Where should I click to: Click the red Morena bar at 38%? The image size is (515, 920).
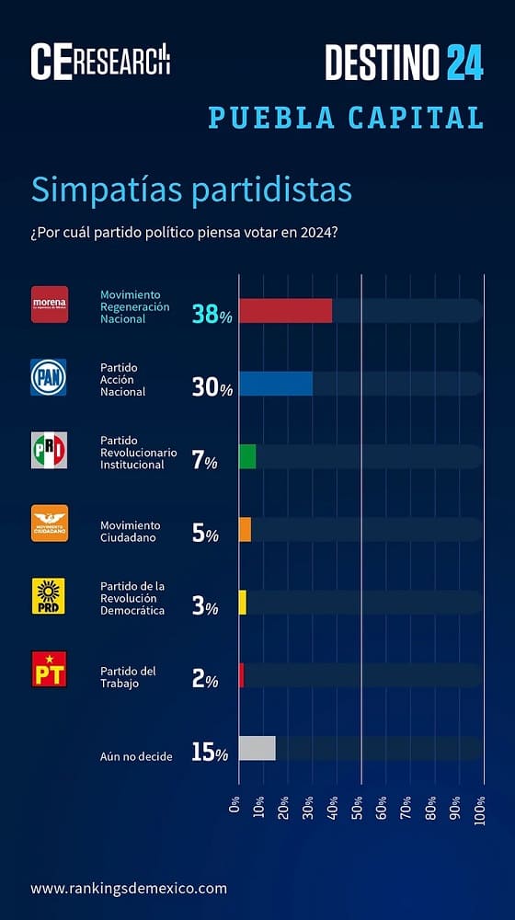click(x=285, y=311)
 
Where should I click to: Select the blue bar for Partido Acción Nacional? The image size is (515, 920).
click(x=275, y=384)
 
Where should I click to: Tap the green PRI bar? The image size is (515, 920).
click(x=247, y=456)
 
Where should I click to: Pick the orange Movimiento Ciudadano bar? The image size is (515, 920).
click(x=245, y=529)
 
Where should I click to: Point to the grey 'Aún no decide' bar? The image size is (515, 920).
click(x=257, y=748)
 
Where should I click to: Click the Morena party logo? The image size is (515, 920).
click(x=50, y=304)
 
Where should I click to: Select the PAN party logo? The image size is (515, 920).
click(x=49, y=377)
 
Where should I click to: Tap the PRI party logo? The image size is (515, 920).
click(x=49, y=450)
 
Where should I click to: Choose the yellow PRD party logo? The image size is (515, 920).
click(x=49, y=596)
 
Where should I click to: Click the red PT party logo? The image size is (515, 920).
click(x=49, y=669)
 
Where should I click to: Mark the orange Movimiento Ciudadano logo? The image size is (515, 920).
click(x=49, y=523)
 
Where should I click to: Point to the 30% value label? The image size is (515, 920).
click(x=212, y=388)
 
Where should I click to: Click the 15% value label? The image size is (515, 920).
click(x=210, y=753)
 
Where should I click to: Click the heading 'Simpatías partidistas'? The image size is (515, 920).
click(x=191, y=190)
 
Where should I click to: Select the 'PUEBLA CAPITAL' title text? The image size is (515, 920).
click(x=346, y=118)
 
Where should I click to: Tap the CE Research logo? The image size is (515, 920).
click(x=100, y=61)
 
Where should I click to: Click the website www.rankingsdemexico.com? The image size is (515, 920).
click(x=128, y=888)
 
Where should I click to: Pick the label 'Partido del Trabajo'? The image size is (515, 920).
click(x=128, y=676)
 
